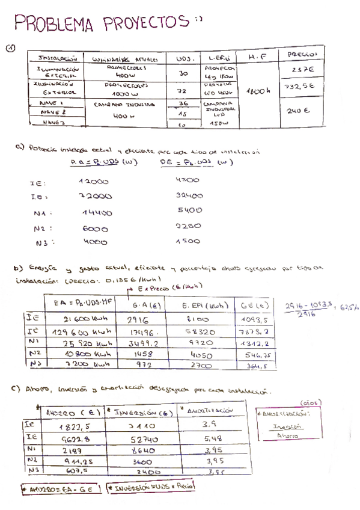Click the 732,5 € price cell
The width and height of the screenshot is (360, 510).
(x=300, y=87)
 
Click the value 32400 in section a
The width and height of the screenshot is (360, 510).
(x=189, y=195)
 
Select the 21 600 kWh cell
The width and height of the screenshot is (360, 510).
(x=88, y=319)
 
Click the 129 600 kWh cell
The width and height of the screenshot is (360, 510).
(x=87, y=331)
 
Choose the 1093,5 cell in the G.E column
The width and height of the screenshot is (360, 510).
(x=254, y=319)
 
